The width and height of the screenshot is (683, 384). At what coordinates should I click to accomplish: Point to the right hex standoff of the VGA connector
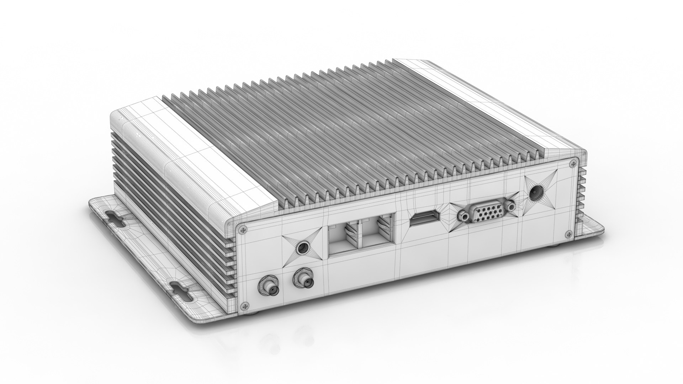[x=511, y=206]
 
